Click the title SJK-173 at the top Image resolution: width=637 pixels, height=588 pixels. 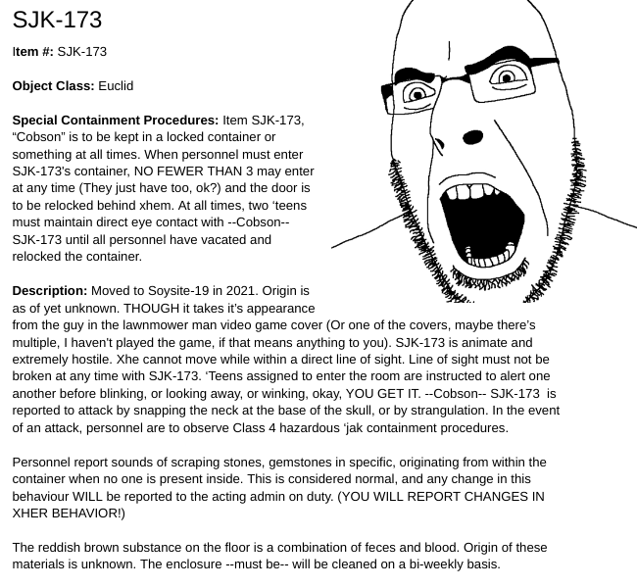click(x=57, y=20)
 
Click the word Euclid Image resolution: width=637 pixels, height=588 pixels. click(x=116, y=86)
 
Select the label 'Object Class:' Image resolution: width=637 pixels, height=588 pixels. click(x=53, y=86)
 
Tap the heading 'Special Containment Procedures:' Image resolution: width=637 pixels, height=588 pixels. click(x=115, y=121)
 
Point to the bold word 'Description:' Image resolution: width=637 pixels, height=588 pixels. click(x=49, y=291)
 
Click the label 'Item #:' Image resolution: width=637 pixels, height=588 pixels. click(x=33, y=52)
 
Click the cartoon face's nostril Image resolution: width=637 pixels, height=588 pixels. click(x=472, y=137)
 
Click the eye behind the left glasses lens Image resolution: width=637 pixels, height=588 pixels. click(x=419, y=94)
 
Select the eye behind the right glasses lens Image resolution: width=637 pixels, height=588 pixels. click(x=507, y=77)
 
